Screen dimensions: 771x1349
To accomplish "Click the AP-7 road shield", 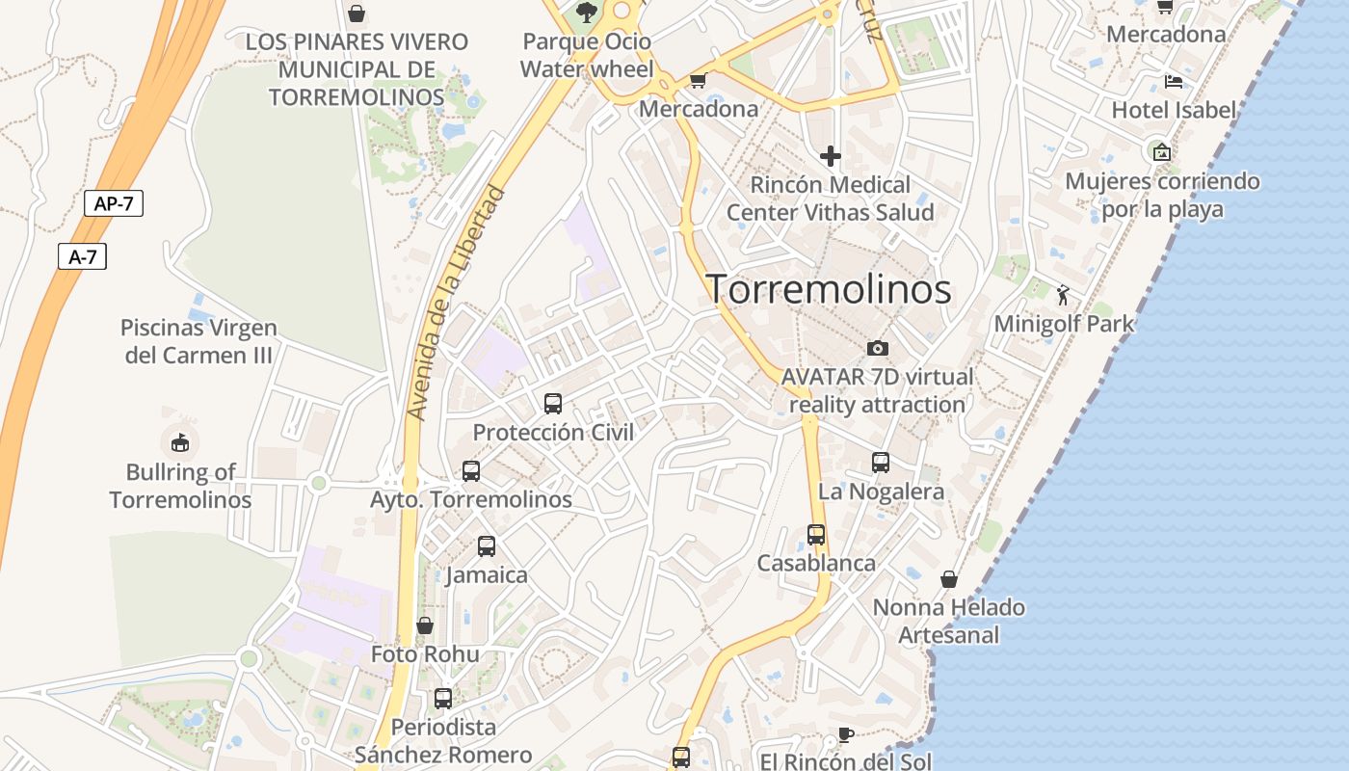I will (114, 203).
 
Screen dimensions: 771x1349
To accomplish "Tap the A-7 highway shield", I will (82, 256).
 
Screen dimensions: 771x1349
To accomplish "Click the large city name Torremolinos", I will (830, 289).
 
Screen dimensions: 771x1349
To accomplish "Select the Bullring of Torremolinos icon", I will (180, 442).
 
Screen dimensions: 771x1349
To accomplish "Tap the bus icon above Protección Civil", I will (553, 404).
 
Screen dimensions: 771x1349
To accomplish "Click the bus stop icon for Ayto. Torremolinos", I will (471, 470).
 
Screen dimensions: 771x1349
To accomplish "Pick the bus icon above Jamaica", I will (487, 546).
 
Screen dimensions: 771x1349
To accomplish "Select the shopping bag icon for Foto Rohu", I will (425, 625).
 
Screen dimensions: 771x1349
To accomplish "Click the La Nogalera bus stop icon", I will (881, 463).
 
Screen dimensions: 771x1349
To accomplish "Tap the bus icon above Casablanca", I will (816, 534).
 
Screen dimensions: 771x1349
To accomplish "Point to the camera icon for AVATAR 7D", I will (878, 348).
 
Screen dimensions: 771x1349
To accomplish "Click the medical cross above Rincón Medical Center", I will (831, 155).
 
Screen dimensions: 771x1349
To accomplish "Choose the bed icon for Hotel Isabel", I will (1173, 81).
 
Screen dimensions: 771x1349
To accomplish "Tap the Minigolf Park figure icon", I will (1064, 294).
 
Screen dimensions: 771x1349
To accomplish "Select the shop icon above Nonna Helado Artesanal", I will (949, 578).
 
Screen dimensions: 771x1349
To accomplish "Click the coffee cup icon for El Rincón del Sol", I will (845, 734).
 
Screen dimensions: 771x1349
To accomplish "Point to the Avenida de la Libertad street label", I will (457, 303).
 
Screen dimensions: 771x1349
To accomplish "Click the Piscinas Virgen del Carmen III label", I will (199, 341).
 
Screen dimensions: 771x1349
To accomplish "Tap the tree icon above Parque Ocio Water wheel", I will (586, 13).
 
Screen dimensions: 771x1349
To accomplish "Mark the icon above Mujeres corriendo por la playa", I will (1162, 151).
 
